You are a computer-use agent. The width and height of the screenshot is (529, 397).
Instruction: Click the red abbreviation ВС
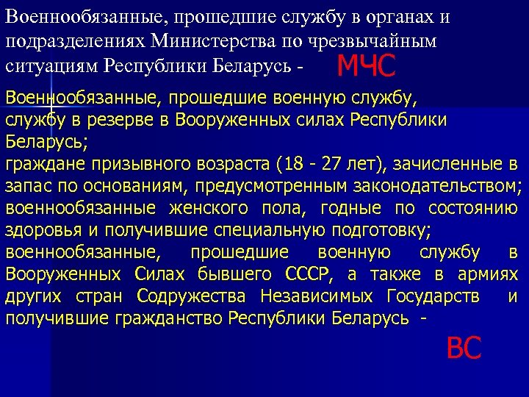[464, 348]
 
